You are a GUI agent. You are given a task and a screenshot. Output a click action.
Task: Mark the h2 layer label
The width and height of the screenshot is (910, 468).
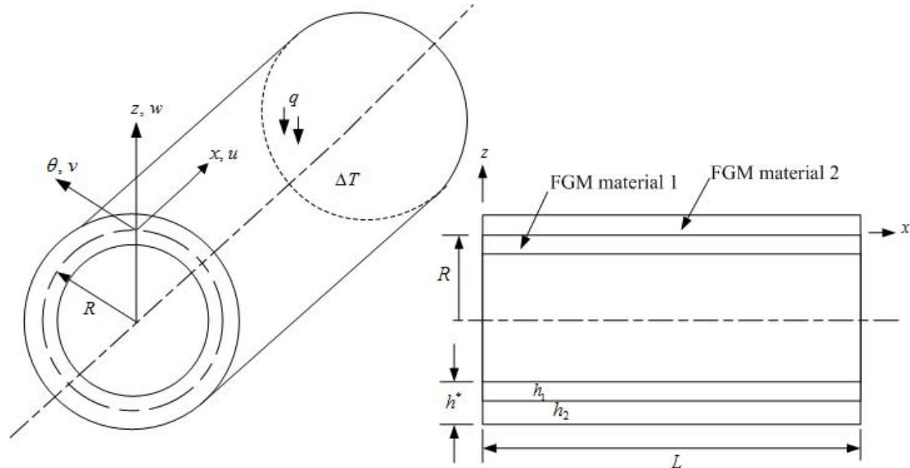(x=561, y=411)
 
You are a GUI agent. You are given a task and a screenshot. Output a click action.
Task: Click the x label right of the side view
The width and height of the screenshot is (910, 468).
(x=904, y=228)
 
